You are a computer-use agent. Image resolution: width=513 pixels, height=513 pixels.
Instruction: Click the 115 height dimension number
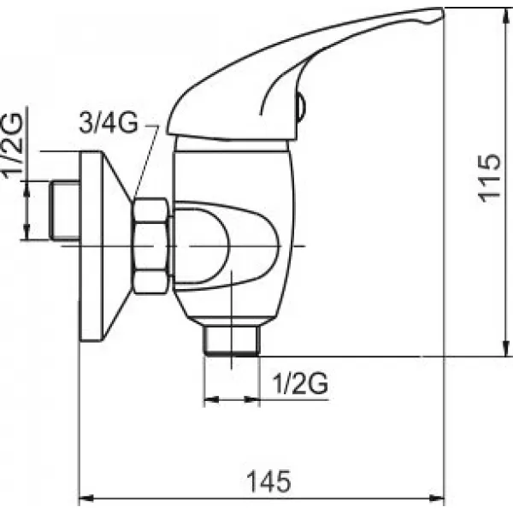[488, 179]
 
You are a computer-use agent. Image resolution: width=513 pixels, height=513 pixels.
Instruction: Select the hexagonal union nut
[150, 245]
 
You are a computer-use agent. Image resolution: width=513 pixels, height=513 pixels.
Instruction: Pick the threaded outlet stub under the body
[232, 340]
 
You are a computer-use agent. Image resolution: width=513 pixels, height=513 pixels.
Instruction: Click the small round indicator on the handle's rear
[298, 107]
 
